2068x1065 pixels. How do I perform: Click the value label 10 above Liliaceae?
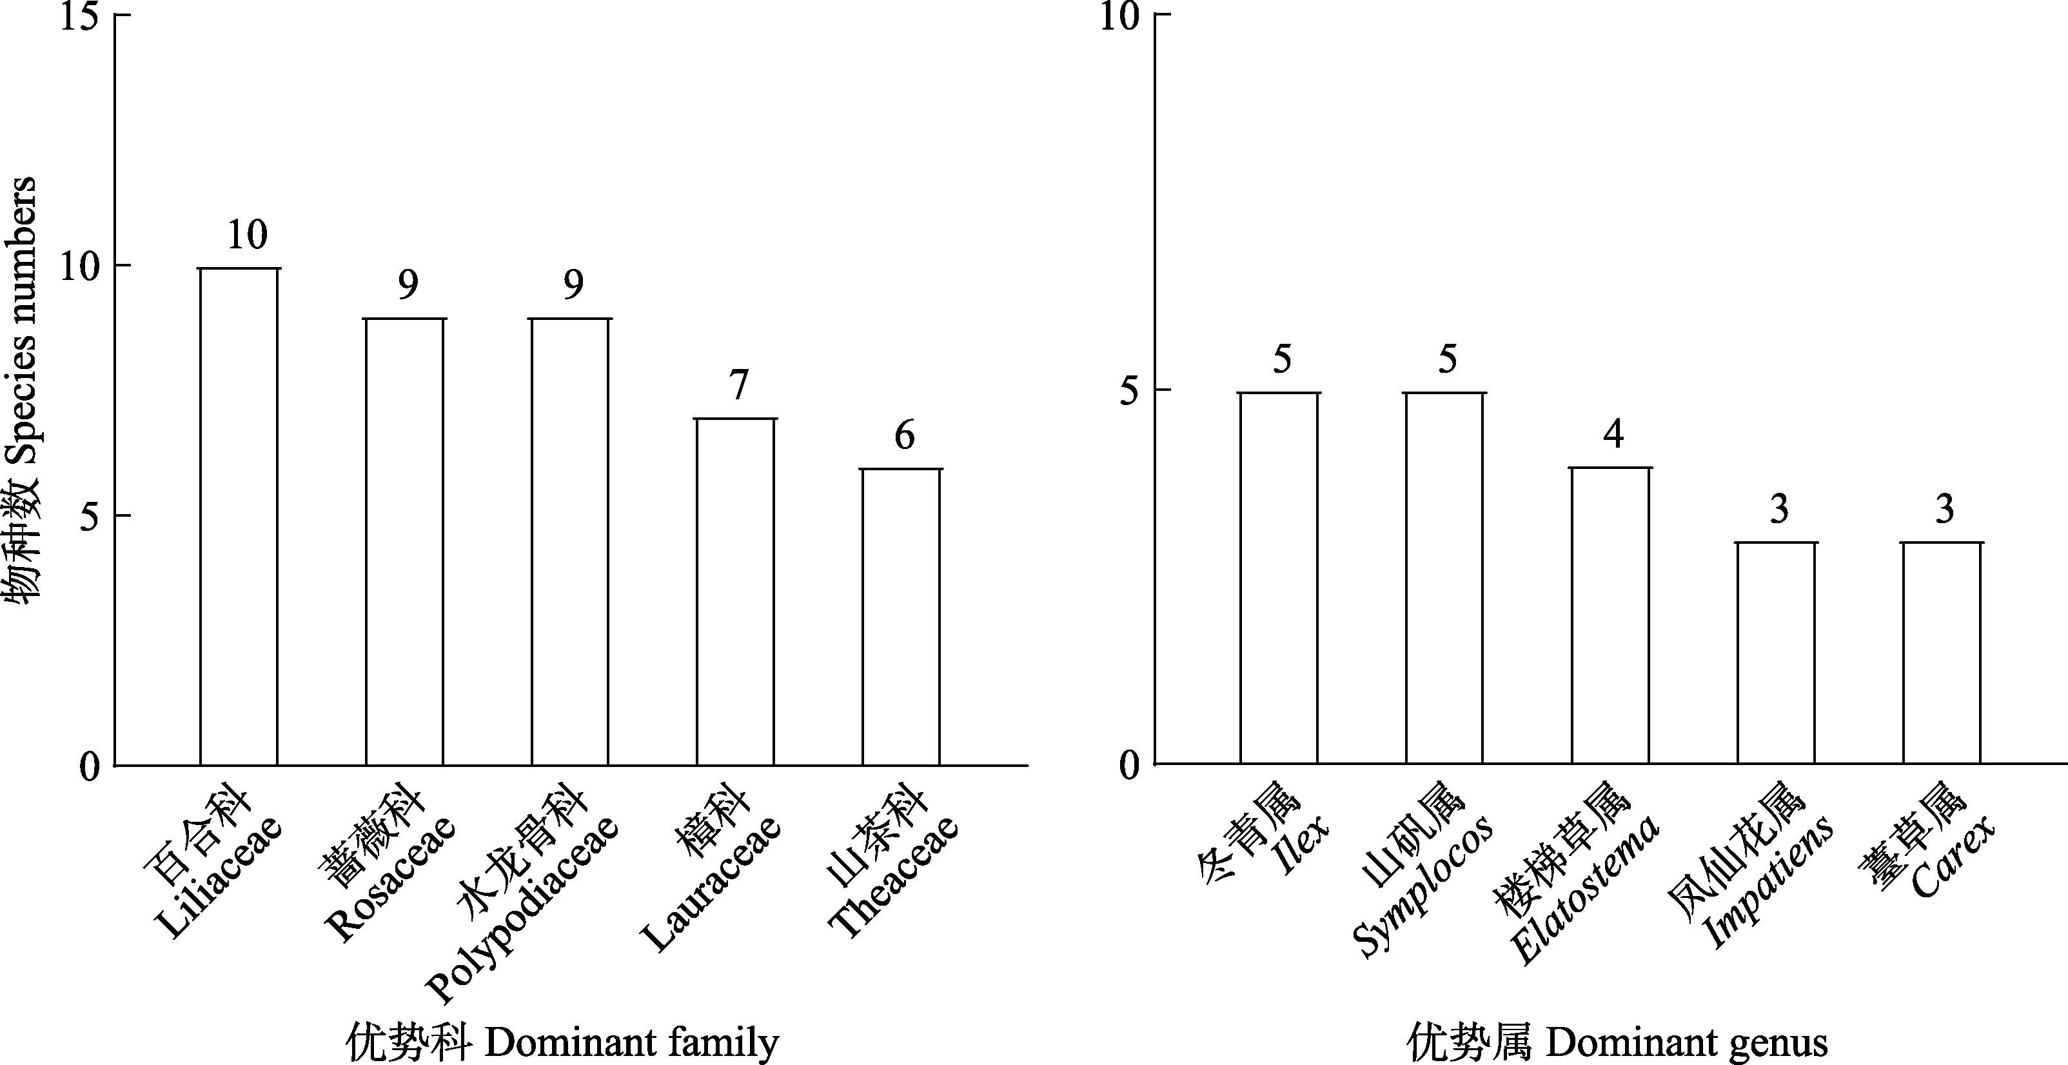pos(246,235)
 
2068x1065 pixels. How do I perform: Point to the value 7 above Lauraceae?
pos(738,386)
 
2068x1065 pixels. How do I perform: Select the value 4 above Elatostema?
pos(1613,435)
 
